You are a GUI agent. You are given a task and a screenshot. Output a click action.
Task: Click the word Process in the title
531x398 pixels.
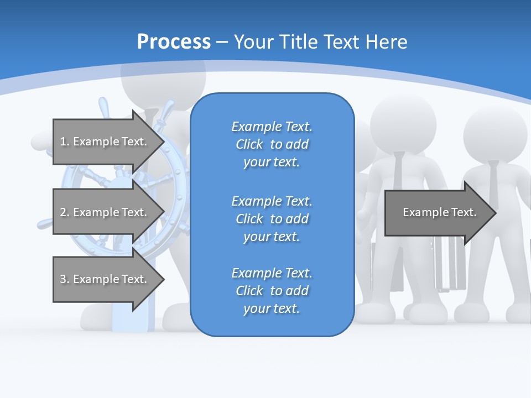(174, 42)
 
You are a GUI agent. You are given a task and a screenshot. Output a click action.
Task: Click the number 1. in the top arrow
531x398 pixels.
(65, 142)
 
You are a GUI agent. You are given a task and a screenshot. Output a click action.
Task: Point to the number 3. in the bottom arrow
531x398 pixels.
(65, 279)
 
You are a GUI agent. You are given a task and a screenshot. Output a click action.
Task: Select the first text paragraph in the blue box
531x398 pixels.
(272, 144)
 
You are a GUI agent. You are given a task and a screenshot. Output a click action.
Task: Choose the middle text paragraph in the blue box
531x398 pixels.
(272, 219)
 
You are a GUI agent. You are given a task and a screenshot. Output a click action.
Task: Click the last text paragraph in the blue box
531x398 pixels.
(272, 291)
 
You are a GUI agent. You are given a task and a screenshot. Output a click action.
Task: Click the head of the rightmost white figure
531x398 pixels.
(494, 133)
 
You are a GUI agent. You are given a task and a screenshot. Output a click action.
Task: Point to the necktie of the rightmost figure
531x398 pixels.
(494, 182)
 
